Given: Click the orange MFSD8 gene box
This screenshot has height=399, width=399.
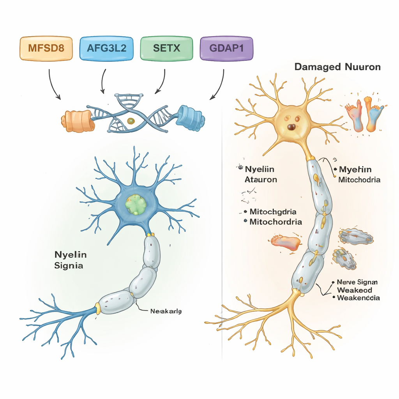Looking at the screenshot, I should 46,49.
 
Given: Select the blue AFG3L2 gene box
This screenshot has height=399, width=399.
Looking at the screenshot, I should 106,49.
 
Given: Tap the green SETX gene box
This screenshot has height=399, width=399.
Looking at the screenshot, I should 166,49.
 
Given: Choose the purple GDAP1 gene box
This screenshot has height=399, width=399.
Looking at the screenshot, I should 226,49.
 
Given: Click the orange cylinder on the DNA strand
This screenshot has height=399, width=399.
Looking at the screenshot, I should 78,120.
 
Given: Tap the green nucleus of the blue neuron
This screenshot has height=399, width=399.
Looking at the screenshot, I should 135,203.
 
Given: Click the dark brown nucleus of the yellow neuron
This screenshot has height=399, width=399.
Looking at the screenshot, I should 291,127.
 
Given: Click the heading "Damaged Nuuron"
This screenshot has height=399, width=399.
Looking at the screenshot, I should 337,67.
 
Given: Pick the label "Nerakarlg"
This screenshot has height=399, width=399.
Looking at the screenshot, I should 166,311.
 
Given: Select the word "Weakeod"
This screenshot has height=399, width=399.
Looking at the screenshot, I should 354,290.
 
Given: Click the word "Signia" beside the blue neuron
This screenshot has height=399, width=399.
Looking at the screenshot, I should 69,267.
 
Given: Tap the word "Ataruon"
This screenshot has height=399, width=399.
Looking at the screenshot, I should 261,180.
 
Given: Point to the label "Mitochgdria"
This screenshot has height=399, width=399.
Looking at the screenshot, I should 273,212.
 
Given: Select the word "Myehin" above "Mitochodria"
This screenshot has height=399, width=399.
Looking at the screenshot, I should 355,169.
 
